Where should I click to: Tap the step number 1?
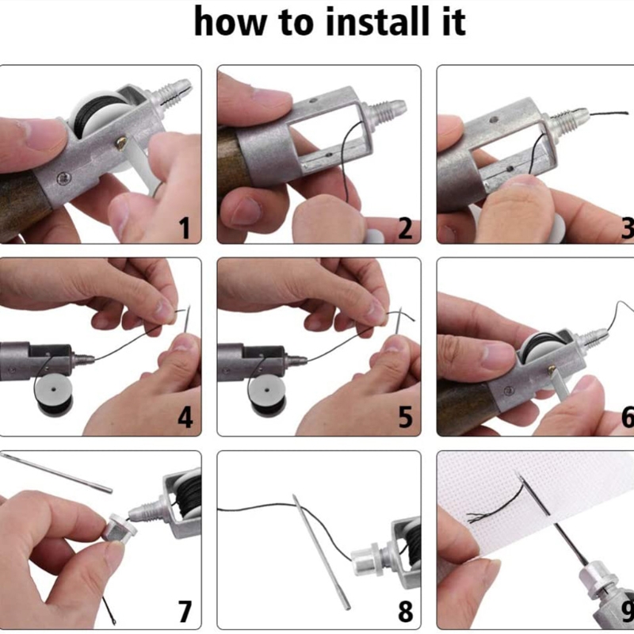(185, 228)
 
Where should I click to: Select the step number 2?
(405, 228)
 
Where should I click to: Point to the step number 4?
(185, 418)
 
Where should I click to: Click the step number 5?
(405, 418)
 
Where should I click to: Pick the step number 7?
(185, 611)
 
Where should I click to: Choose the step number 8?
(405, 611)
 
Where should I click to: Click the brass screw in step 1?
(120, 143)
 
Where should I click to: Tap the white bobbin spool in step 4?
(54, 393)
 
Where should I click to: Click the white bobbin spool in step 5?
(267, 393)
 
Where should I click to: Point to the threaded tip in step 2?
(385, 110)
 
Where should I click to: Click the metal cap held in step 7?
(118, 527)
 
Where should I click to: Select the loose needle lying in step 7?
(56, 472)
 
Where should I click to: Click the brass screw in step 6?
(552, 369)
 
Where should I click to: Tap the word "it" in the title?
(453, 22)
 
